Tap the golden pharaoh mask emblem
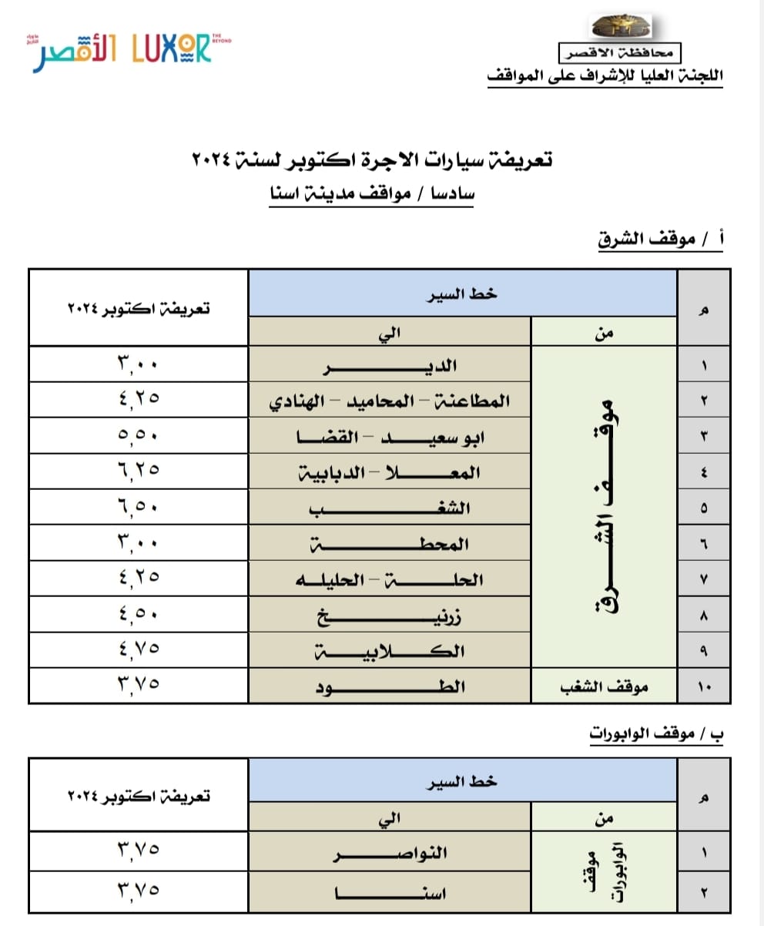pos(621,27)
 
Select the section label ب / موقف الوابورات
pos(657,733)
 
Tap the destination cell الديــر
pos(390,364)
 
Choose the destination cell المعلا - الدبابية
pos(390,471)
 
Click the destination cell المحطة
pos(390,544)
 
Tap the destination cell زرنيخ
pos(390,616)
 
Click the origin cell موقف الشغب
pos(604,686)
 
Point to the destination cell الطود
pos(390,686)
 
